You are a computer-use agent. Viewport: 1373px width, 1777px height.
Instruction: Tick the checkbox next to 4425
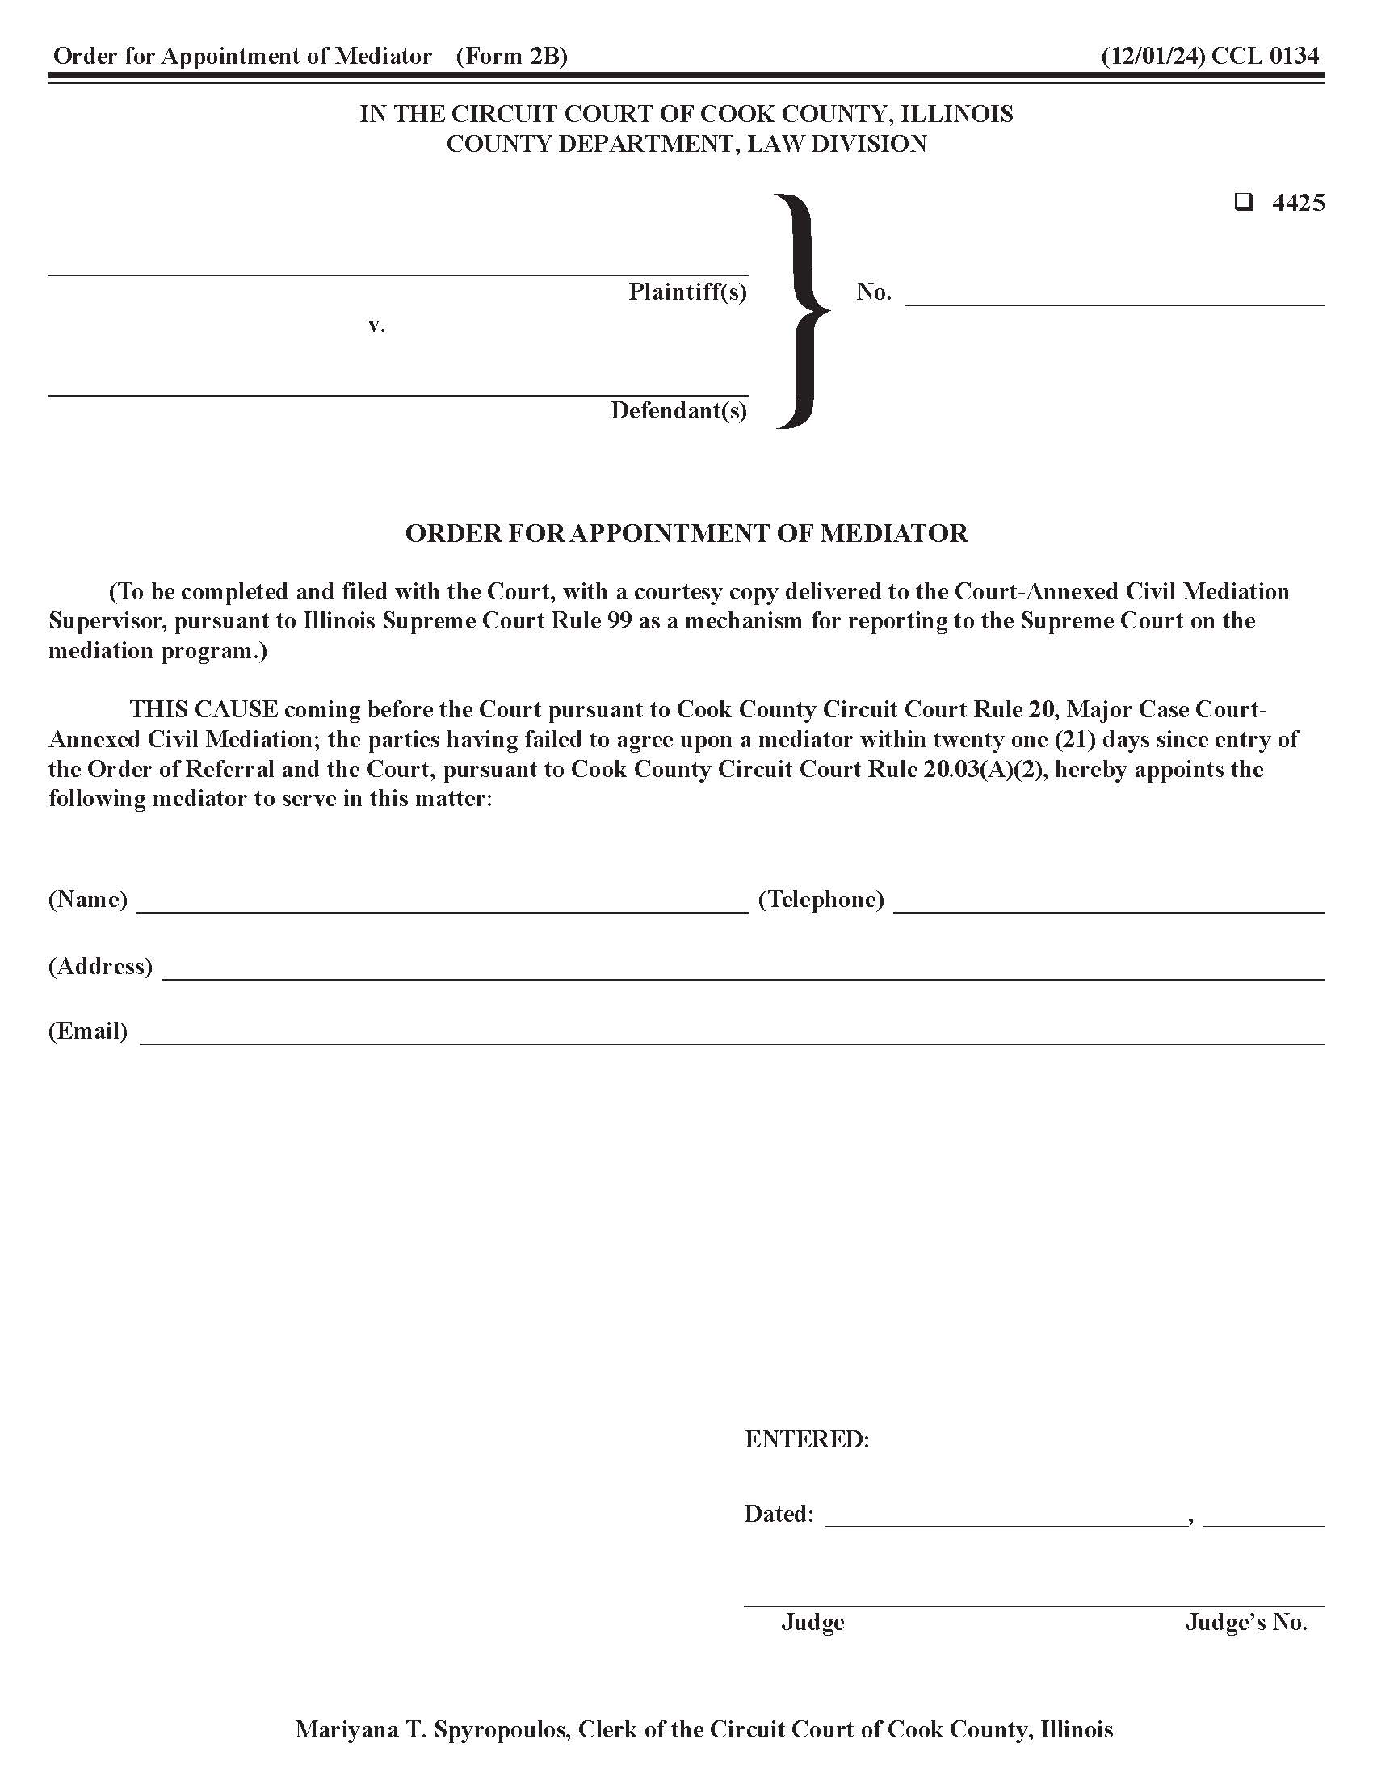1243,202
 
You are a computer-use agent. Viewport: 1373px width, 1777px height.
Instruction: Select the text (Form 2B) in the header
511,57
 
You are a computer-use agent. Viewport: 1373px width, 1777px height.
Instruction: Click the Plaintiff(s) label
687,292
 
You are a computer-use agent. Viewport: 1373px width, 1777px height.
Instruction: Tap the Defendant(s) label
678,410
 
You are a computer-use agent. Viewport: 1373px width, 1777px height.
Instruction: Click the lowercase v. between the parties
376,325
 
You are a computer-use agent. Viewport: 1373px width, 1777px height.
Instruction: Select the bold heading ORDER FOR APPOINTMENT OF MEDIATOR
686,533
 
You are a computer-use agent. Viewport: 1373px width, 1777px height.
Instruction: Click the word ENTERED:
807,1439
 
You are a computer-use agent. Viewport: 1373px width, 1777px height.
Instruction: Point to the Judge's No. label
1245,1623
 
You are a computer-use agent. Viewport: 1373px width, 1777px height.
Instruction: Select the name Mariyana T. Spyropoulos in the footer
431,1729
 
